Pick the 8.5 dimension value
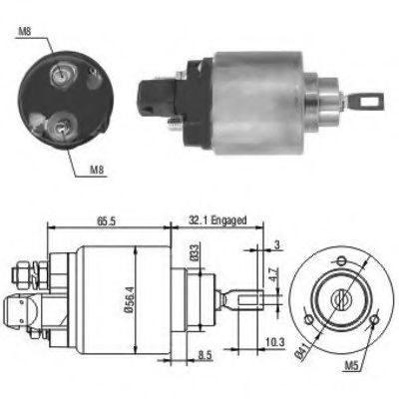(x=204, y=353)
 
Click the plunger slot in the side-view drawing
(x=246, y=297)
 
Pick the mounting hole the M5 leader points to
(x=374, y=320)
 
